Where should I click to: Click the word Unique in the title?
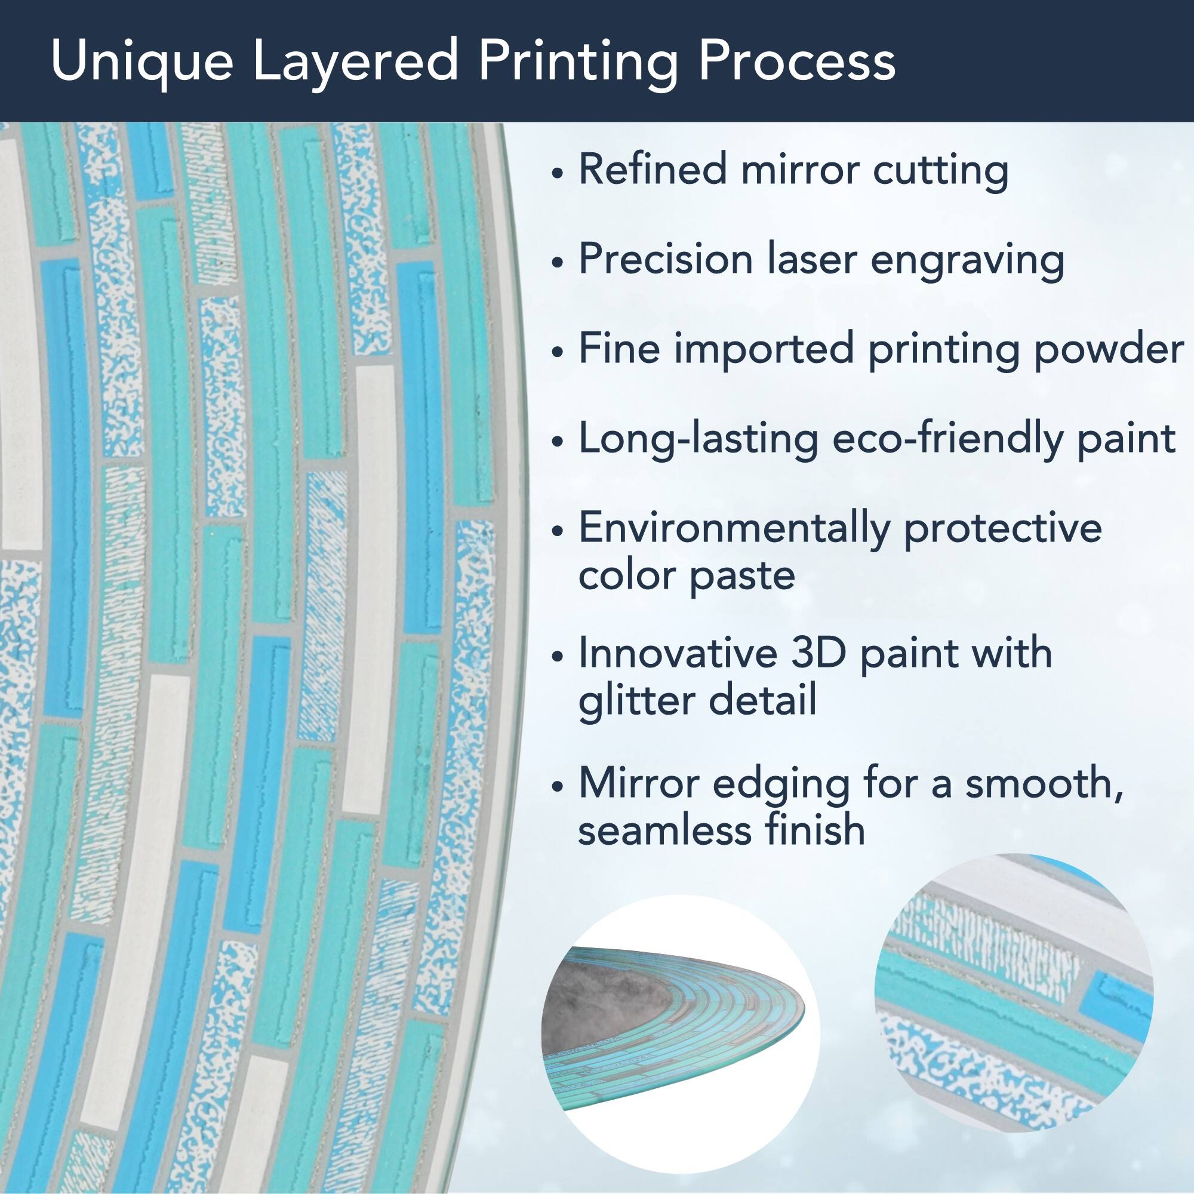pyautogui.click(x=141, y=63)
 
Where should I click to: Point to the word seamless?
pyautogui.click(x=665, y=829)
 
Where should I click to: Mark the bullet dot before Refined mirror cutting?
pyautogui.click(x=558, y=174)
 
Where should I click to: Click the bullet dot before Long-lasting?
pyautogui.click(x=558, y=443)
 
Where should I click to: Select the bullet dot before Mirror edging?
pyautogui.click(x=558, y=787)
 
